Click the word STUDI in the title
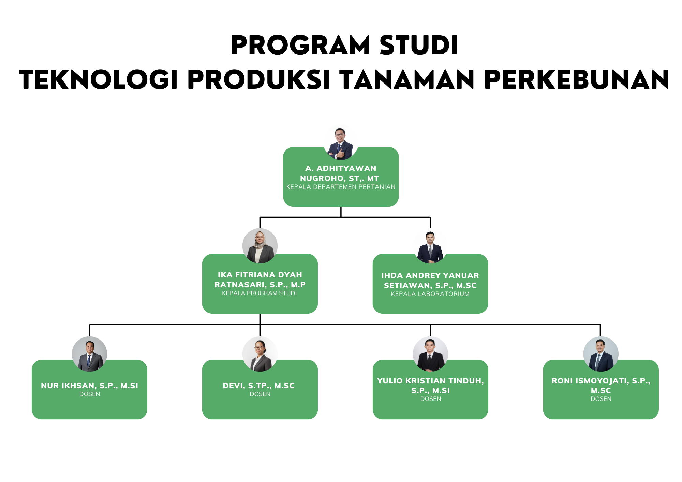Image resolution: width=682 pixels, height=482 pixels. (419, 45)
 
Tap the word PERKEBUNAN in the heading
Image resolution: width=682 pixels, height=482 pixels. (577, 80)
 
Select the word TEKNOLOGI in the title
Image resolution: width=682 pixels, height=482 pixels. (99, 80)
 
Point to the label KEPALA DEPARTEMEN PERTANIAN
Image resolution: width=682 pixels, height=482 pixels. (341, 187)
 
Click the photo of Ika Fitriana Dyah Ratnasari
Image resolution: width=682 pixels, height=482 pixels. (260, 246)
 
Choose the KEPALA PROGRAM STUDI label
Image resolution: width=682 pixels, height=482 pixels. (260, 293)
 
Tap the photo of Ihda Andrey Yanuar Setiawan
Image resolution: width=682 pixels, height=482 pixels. (430, 247)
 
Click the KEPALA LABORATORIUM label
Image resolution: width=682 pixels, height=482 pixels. (430, 294)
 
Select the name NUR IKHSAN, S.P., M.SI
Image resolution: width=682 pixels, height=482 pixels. (89, 386)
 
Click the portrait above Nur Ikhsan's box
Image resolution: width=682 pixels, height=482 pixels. (89, 354)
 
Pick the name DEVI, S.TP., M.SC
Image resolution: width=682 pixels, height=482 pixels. (258, 386)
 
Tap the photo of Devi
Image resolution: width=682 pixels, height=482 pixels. (260, 354)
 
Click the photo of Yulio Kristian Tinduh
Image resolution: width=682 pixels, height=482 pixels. (430, 354)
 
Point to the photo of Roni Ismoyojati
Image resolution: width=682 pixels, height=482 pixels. (601, 354)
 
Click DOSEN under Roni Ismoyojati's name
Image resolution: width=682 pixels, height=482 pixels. (601, 399)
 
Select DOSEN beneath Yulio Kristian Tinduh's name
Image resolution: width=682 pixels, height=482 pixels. (430, 399)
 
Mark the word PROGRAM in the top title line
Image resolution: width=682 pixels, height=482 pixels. (300, 45)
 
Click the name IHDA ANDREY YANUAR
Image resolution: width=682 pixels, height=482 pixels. (430, 275)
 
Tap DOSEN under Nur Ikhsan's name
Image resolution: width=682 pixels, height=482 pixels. (89, 394)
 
